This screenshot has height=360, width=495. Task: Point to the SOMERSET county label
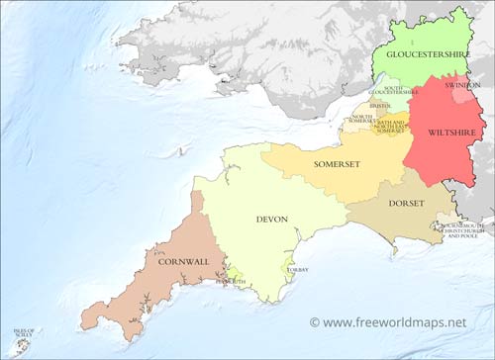337,163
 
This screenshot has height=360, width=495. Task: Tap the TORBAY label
295,270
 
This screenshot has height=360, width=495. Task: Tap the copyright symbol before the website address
315,322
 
